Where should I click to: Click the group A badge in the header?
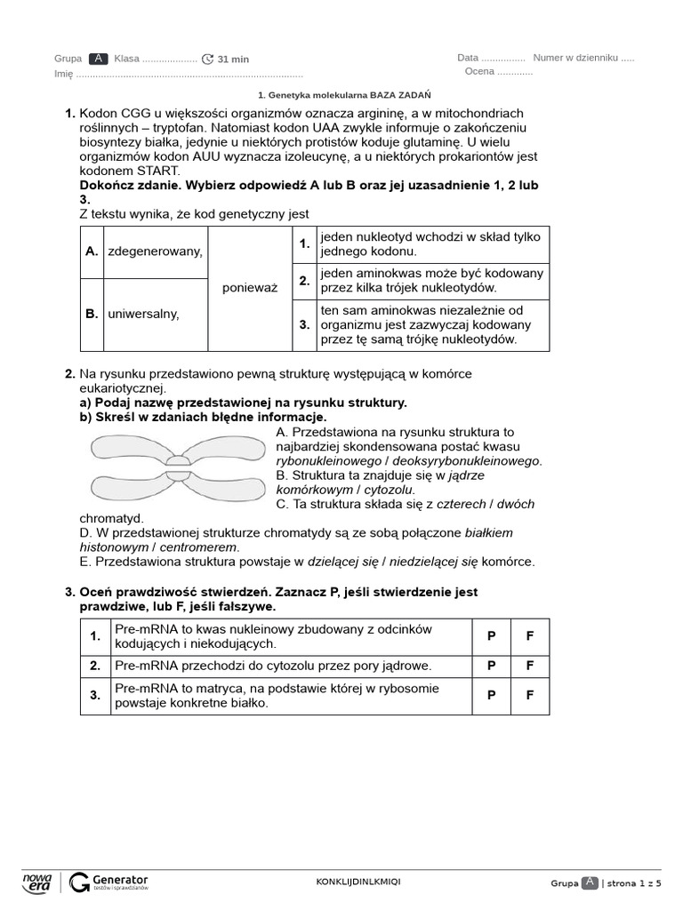[x=99, y=59]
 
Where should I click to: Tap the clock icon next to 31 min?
[x=208, y=59]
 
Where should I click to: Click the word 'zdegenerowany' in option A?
[x=155, y=251]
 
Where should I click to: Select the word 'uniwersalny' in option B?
[x=143, y=314]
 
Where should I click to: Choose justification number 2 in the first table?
[x=304, y=281]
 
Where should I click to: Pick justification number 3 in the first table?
[x=304, y=325]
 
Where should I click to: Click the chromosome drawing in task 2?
[x=179, y=467]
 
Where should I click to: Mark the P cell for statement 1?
[x=491, y=636]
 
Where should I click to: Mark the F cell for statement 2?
[x=529, y=665]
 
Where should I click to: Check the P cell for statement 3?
[x=491, y=696]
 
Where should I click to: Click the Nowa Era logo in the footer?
[x=37, y=882]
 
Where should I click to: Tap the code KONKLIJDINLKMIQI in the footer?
[x=358, y=882]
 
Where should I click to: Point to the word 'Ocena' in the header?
[x=478, y=72]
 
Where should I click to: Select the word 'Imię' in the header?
[x=63, y=75]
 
